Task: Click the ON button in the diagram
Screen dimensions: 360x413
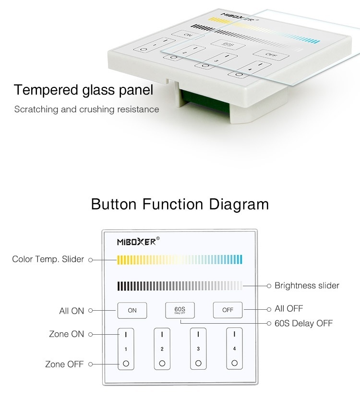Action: click(132, 310)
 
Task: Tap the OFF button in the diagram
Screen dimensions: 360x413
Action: click(228, 310)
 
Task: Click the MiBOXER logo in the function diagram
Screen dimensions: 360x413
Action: click(138, 241)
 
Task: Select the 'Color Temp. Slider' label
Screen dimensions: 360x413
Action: click(48, 259)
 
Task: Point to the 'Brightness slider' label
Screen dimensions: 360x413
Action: click(307, 286)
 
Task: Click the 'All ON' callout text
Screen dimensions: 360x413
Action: click(72, 311)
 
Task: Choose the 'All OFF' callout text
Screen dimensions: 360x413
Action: click(288, 308)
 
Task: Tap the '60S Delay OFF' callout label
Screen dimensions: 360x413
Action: click(304, 323)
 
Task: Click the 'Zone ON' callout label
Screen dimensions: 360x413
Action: click(67, 334)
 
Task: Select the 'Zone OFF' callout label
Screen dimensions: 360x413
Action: click(64, 364)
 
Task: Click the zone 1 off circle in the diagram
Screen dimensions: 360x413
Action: click(126, 364)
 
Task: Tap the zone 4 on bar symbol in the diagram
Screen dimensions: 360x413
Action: click(234, 334)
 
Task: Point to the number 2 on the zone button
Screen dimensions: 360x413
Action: click(162, 349)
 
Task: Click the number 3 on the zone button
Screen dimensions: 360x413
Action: click(198, 349)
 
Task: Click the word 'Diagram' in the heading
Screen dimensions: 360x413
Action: click(239, 204)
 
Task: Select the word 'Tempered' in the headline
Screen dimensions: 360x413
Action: click(46, 90)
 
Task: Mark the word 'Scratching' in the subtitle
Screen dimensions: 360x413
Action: click(36, 109)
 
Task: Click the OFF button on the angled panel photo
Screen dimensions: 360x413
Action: click(271, 55)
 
